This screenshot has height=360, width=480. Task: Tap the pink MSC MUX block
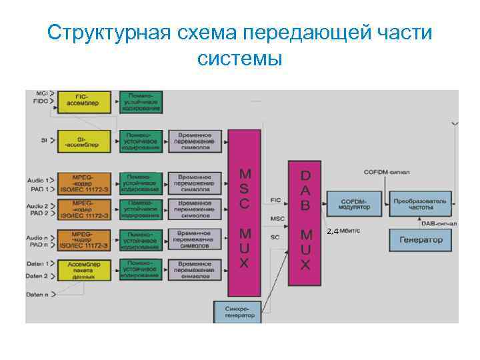[x=244, y=213]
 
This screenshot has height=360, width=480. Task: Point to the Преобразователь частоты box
[x=420, y=203]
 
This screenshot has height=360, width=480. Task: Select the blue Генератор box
[x=420, y=239]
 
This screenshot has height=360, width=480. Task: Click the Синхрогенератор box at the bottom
[x=236, y=311]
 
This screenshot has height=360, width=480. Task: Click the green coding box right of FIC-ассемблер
[x=141, y=101]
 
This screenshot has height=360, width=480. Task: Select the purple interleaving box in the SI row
[x=195, y=141]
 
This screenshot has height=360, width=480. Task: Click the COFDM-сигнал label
[x=387, y=172]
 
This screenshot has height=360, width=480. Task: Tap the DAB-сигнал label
[x=439, y=223]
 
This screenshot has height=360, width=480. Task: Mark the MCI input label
[x=42, y=93]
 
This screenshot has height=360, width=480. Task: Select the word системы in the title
[x=240, y=58]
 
